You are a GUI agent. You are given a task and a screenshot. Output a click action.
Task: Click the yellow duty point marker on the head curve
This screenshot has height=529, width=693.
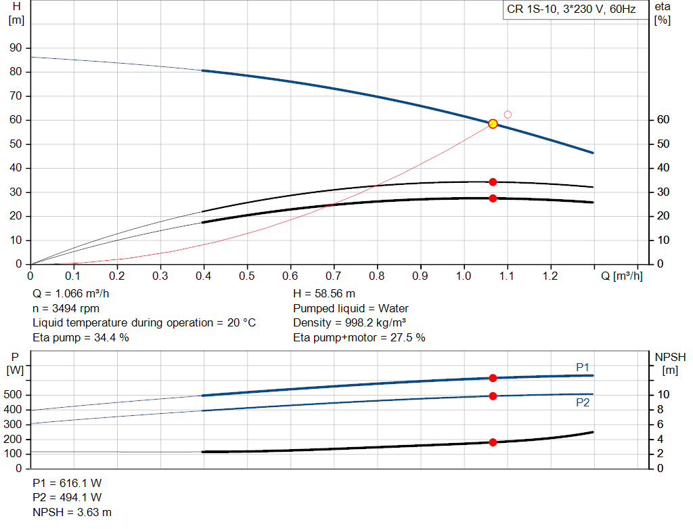(x=493, y=124)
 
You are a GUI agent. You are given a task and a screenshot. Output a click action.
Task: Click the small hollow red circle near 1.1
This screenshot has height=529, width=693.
(x=508, y=114)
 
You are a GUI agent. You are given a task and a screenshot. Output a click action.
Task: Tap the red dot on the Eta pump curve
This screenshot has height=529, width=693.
(x=493, y=182)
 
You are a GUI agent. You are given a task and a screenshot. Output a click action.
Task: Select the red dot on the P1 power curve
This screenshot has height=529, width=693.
(x=493, y=378)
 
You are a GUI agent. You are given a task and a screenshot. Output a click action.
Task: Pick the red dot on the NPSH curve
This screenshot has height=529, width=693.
(x=493, y=442)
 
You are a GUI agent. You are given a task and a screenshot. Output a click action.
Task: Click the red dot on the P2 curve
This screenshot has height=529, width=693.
(x=493, y=396)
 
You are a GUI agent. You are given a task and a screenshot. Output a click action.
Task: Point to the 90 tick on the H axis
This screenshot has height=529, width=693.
(x=16, y=48)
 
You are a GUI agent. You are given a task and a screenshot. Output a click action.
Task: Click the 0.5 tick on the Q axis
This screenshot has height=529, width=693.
(x=247, y=276)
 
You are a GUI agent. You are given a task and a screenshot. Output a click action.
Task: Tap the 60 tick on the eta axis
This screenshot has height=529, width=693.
(x=663, y=120)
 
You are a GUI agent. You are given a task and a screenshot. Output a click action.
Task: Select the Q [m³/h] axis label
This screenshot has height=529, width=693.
(x=621, y=276)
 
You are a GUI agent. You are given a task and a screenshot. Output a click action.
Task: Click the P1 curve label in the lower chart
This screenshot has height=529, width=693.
(x=583, y=367)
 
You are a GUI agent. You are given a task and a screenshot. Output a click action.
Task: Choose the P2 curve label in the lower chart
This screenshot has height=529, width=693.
(x=583, y=402)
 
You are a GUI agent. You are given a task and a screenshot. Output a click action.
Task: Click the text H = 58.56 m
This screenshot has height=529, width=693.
(x=324, y=294)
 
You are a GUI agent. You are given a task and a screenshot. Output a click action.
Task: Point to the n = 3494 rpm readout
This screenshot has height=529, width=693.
(x=66, y=308)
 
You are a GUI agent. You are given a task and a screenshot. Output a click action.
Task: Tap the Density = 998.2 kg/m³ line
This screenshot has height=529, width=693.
(x=349, y=322)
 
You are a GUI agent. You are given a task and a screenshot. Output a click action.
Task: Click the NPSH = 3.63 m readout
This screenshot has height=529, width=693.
(x=72, y=512)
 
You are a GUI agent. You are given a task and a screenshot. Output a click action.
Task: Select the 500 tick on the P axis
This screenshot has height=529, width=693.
(x=14, y=395)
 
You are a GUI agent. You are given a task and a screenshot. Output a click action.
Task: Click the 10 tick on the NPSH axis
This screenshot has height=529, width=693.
(x=664, y=395)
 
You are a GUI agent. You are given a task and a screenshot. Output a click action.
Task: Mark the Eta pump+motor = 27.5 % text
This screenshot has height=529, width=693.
(x=359, y=337)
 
